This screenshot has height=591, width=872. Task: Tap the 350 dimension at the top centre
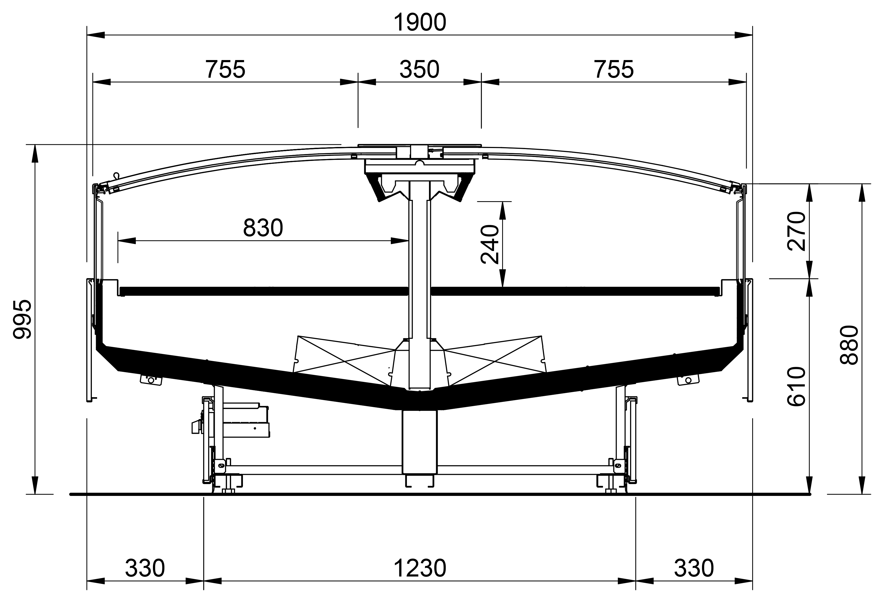pyautogui.click(x=419, y=70)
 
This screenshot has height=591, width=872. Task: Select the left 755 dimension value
pyautogui.click(x=226, y=70)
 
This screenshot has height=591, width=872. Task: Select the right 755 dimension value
pyautogui.click(x=614, y=70)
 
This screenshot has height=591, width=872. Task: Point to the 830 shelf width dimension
pyautogui.click(x=263, y=228)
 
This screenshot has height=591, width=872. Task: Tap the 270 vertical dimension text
pyautogui.click(x=796, y=231)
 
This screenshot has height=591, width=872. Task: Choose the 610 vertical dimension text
pyautogui.click(x=796, y=386)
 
